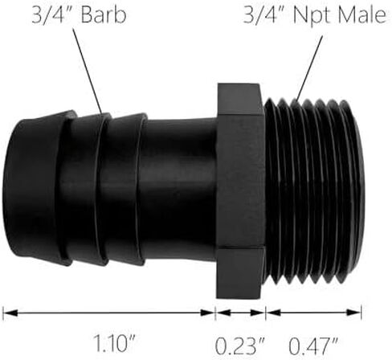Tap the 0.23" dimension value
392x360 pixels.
click(240, 346)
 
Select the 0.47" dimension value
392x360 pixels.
click(313, 346)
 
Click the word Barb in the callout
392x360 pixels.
click(104, 15)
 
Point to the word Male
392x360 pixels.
click(362, 15)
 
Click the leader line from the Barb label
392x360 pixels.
click(88, 71)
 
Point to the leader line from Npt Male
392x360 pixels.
click(308, 69)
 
